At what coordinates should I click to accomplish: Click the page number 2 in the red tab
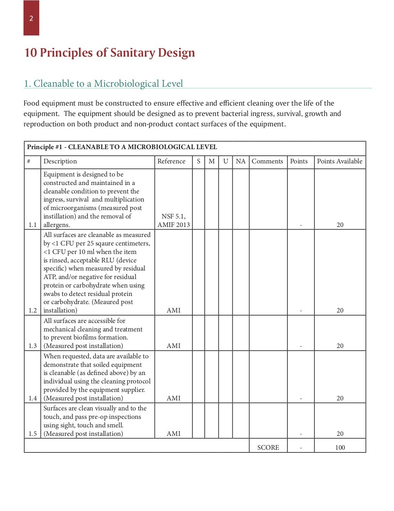[31, 18]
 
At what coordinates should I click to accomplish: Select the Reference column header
[171, 161]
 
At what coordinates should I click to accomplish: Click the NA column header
[240, 161]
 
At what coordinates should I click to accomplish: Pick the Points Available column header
[339, 161]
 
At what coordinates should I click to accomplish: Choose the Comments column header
[267, 161]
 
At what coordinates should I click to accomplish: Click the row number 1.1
[33, 225]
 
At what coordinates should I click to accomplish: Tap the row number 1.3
[33, 346]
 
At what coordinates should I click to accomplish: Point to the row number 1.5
[33, 434]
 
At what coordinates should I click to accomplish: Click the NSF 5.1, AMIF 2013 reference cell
[174, 220]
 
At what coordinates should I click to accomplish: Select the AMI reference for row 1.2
[174, 310]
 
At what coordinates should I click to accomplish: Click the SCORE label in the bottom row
[268, 447]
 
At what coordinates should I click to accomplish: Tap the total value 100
[340, 447]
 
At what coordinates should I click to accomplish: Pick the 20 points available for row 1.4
[340, 398]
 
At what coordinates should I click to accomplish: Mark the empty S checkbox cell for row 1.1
[199, 199]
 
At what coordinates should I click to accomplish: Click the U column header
[225, 161]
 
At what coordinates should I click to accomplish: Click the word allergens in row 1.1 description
[57, 225]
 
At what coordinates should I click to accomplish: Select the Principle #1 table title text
[122, 147]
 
